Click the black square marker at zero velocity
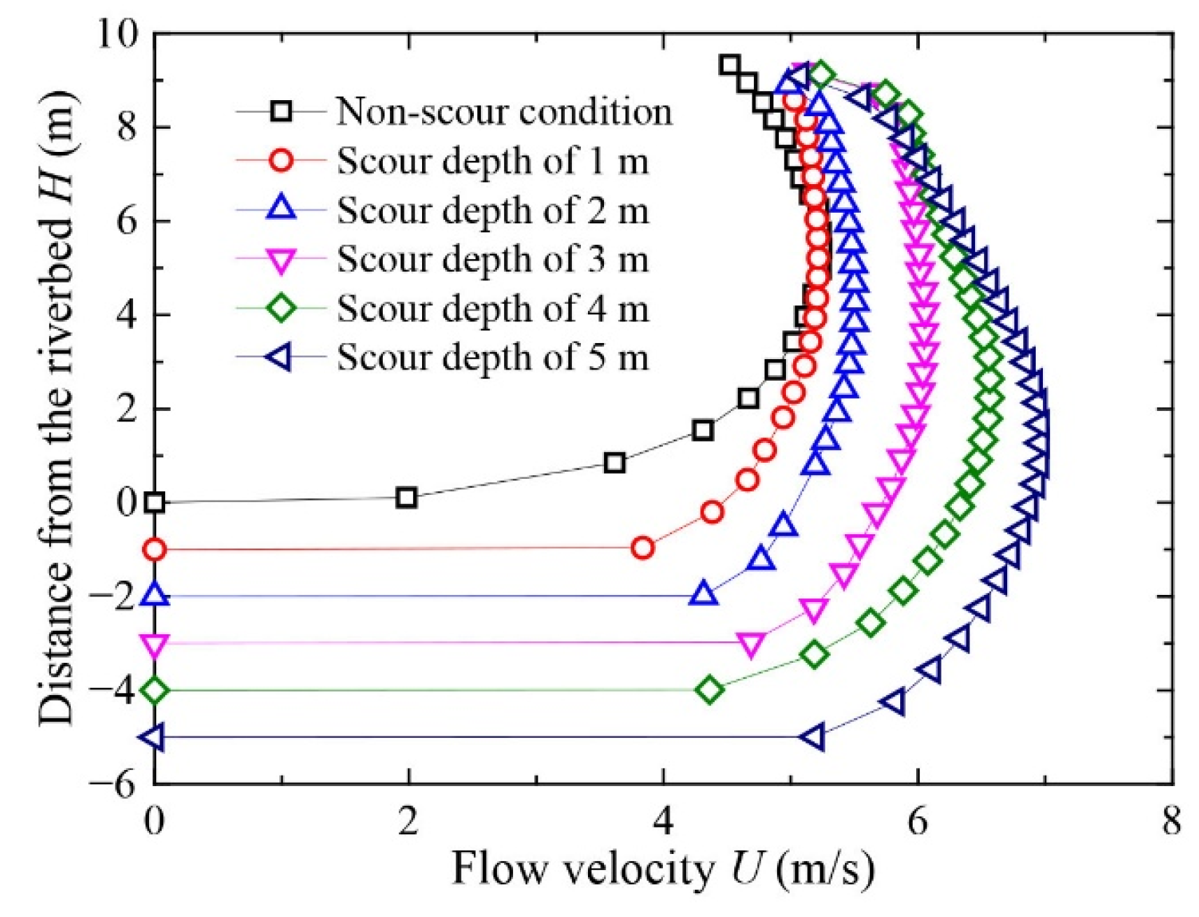click(x=154, y=502)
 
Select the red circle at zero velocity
click(x=154, y=549)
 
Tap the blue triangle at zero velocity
click(x=154, y=595)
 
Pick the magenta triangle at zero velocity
click(x=154, y=644)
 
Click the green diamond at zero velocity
click(x=154, y=690)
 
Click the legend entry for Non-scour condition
click(x=504, y=111)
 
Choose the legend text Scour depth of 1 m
click(x=493, y=161)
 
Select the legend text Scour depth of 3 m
click(x=493, y=259)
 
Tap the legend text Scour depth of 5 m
click(x=493, y=357)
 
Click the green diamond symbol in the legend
click(x=281, y=308)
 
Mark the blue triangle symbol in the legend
click(x=281, y=209)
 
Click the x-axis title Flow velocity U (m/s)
click(x=663, y=869)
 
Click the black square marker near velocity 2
click(x=406, y=498)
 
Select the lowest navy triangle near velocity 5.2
click(x=813, y=737)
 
